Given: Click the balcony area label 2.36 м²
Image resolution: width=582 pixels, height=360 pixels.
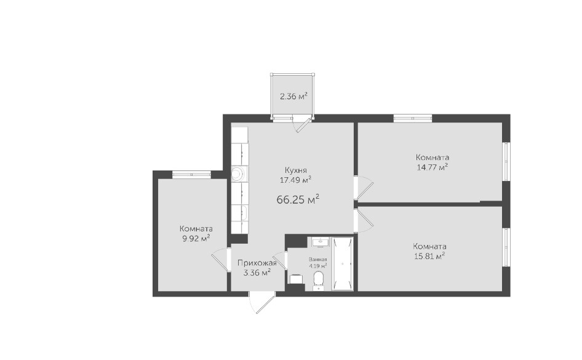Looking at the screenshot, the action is tap(293, 97).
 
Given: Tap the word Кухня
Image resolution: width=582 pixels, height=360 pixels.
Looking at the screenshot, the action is tap(296, 170).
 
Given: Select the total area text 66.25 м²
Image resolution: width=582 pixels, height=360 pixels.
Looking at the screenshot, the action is tap(298, 199).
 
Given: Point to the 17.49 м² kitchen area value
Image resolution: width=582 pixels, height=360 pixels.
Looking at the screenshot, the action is tap(295, 180).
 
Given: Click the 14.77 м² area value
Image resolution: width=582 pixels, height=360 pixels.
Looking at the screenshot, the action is tap(433, 167).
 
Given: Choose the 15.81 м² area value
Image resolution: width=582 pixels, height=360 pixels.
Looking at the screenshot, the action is tap(429, 256).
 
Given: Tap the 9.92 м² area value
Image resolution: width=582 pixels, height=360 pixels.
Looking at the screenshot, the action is tap(196, 238).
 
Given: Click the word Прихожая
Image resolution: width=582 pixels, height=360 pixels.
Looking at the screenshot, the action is tap(257, 263).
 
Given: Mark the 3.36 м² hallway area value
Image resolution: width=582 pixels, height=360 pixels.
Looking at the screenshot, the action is tap(257, 273).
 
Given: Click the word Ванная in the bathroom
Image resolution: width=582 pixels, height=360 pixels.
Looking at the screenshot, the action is tap(317, 260).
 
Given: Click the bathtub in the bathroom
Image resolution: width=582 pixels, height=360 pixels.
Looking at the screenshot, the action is tap(342, 263).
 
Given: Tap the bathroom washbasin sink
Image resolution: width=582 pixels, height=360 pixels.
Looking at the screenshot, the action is tap(319, 242).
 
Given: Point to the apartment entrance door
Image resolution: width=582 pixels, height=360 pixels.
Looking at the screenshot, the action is tap(262, 303).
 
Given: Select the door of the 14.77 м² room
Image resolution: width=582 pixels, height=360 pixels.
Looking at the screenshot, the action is tap(364, 186).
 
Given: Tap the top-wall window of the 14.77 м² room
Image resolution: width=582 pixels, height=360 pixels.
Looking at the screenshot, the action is tap(413, 119).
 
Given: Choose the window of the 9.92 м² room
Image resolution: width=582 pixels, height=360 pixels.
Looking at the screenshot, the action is tap(191, 174).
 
